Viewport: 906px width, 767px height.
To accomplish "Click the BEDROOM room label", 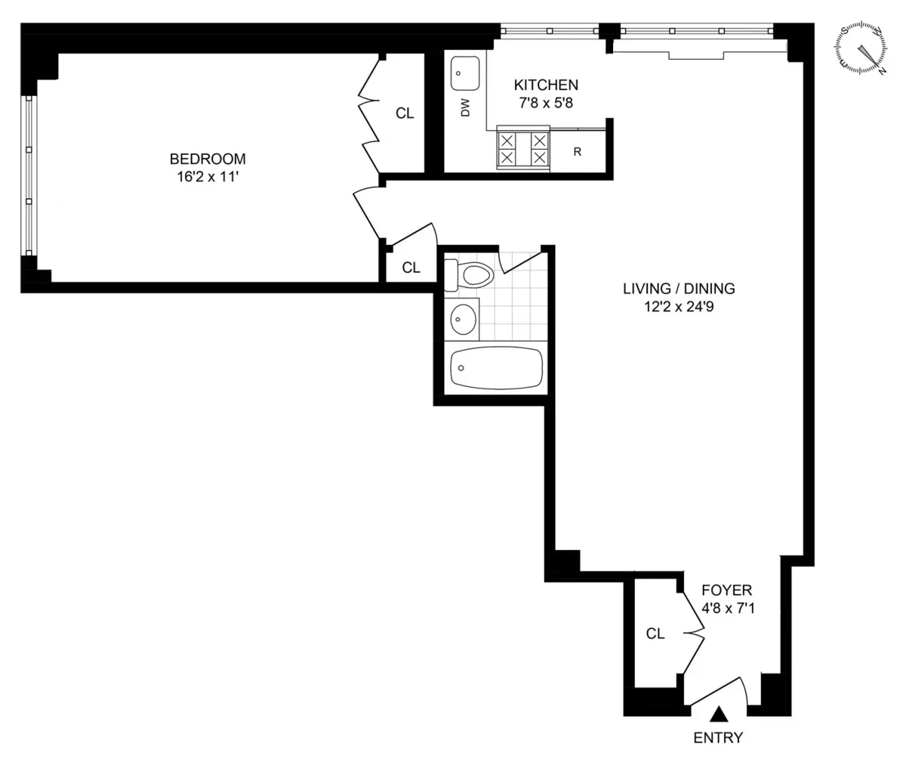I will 208,159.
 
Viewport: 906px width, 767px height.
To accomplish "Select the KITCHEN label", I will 546,85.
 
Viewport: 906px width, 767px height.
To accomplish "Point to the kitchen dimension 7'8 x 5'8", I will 546,104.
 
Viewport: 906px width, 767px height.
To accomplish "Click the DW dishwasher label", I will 465,108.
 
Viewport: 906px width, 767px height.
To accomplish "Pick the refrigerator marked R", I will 578,152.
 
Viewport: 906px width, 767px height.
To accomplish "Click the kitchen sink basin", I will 464,73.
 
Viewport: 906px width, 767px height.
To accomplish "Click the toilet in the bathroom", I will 470,274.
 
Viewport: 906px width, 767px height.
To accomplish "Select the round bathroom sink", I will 462,320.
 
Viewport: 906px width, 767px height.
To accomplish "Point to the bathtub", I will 495,368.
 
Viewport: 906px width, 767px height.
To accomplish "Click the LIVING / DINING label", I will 679,288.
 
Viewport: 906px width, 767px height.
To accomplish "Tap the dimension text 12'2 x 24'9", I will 679,307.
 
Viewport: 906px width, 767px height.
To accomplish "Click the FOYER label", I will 726,590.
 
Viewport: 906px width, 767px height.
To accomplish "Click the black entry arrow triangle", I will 720,713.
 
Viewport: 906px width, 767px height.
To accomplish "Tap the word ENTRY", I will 718,738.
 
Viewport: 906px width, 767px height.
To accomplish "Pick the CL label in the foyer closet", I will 655,634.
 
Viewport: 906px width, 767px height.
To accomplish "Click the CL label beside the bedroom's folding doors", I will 405,113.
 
